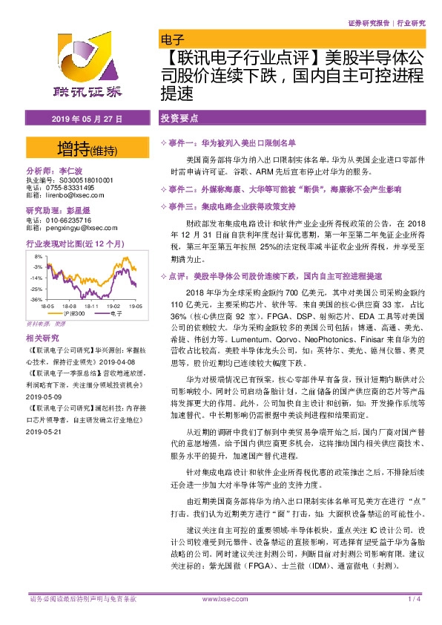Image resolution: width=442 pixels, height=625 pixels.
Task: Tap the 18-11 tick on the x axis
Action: tap(93, 305)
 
